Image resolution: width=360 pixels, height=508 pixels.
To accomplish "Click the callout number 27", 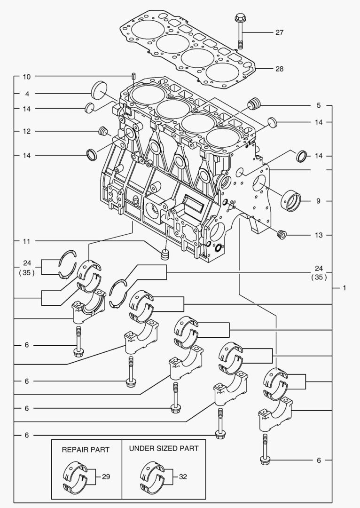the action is point(279,32).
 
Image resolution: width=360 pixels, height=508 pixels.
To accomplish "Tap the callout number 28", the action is point(279,69).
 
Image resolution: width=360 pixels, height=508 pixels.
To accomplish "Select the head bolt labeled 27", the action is point(240,31).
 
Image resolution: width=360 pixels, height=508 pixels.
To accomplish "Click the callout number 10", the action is point(27,77).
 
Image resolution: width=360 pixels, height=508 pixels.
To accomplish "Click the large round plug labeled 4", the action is point(99,90).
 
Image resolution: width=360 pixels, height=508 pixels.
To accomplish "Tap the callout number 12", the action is point(27,131).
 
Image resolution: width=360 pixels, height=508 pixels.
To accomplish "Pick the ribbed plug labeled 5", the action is point(254,103).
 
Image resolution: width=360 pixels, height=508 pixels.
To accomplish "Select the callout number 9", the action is point(318,201).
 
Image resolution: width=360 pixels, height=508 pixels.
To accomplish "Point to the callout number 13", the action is point(319,235).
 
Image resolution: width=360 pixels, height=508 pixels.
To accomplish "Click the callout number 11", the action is point(27,241).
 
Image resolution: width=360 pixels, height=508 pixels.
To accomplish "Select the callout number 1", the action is point(344,288).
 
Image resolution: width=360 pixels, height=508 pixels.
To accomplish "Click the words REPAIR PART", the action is point(86,450).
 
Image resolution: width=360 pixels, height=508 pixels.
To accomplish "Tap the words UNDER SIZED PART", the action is point(164,449).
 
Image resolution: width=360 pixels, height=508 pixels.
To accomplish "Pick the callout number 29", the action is point(106,476).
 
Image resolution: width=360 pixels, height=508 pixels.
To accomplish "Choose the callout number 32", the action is point(183,476).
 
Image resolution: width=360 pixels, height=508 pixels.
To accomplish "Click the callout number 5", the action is point(319,105).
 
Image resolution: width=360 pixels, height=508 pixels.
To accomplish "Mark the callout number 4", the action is point(27,94).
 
